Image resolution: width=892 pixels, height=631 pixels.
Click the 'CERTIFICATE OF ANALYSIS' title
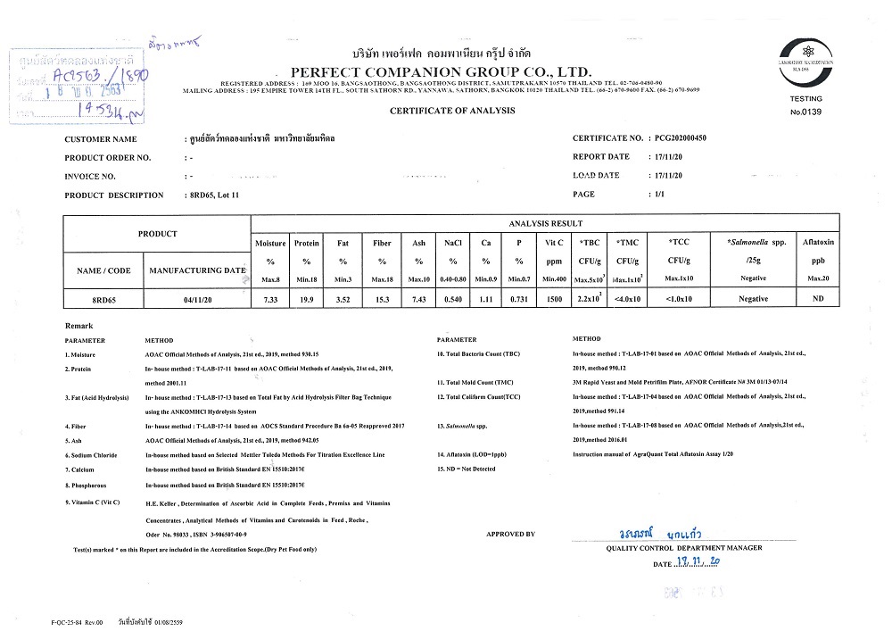pos(452,110)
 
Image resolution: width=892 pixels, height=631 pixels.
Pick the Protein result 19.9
pos(306,299)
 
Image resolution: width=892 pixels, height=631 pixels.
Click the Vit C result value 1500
pos(552,299)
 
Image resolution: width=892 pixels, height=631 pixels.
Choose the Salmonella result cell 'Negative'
pos(753,299)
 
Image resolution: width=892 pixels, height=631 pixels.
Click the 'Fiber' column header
pos(381,242)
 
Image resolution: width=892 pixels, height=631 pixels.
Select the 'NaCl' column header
pos(452,242)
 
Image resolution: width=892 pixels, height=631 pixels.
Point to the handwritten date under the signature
pos(700,563)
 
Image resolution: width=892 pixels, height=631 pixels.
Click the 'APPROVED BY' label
pos(510,534)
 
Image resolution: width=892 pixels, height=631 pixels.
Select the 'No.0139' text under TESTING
pos(805,112)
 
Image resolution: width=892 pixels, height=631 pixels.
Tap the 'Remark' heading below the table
pos(79,326)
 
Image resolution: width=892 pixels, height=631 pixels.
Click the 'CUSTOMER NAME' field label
pos(101,140)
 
